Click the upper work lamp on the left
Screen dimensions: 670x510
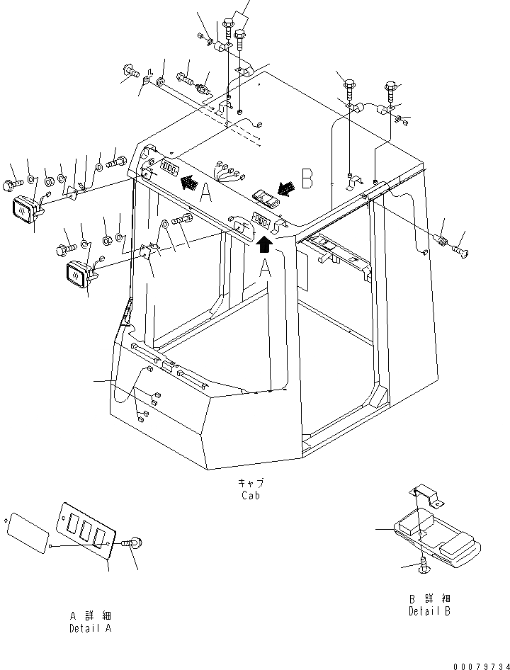25,210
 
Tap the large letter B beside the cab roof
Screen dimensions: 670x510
307,180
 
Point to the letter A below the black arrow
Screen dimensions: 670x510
265,269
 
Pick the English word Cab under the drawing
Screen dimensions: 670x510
250,495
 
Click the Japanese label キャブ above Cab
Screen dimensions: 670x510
251,484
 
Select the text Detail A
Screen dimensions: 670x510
90,628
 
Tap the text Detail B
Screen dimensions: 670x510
429,611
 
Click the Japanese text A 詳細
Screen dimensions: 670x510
90,616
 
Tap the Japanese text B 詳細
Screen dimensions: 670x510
429,599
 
